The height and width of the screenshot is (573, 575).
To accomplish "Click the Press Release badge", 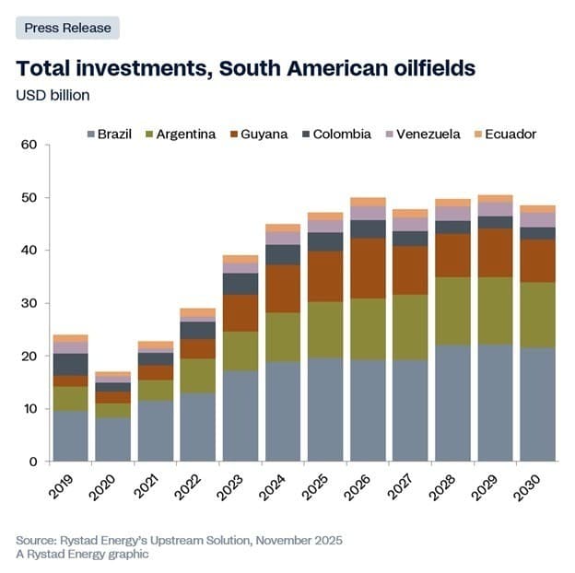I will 67,28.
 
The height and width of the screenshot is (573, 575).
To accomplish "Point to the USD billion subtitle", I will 53,94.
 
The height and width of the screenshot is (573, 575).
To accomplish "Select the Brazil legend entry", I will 110,134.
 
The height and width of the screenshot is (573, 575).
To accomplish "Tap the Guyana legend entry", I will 257,134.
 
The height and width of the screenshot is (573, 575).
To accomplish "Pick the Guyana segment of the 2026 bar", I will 368,268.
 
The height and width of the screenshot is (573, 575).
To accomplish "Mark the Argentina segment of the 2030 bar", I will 537,315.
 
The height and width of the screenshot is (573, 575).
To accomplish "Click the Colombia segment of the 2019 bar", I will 71,364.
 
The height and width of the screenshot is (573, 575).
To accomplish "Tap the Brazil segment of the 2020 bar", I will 113,439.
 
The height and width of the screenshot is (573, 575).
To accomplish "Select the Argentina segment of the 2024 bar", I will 283,337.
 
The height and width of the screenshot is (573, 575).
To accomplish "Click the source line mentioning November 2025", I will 179,540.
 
